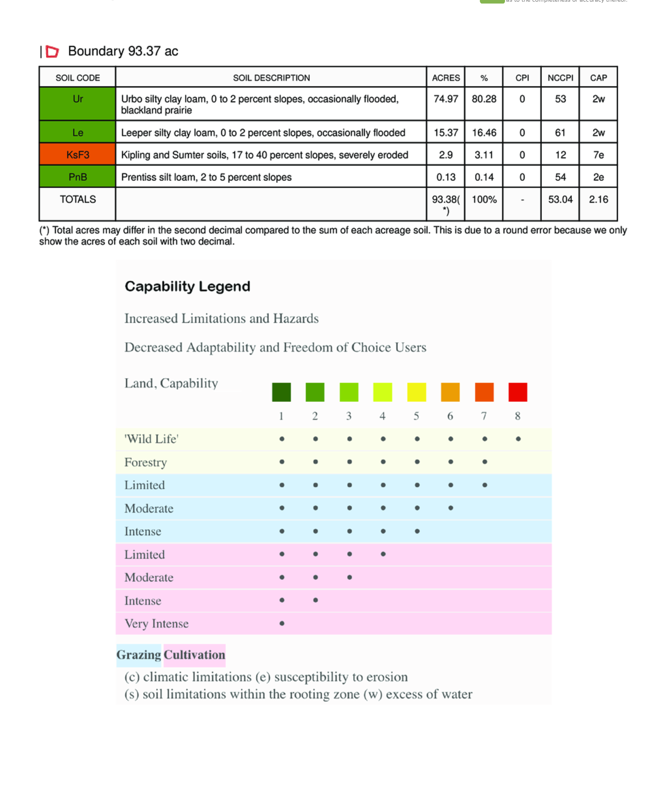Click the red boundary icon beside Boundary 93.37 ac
[52, 52]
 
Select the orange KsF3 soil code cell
[78, 155]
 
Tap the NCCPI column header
[560, 78]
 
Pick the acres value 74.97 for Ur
[446, 99]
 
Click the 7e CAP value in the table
[598, 155]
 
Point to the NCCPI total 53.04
[560, 199]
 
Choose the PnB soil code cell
[78, 177]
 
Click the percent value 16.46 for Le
[484, 132]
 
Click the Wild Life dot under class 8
[518, 438]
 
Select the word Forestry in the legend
[145, 462]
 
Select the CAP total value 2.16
[598, 199]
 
